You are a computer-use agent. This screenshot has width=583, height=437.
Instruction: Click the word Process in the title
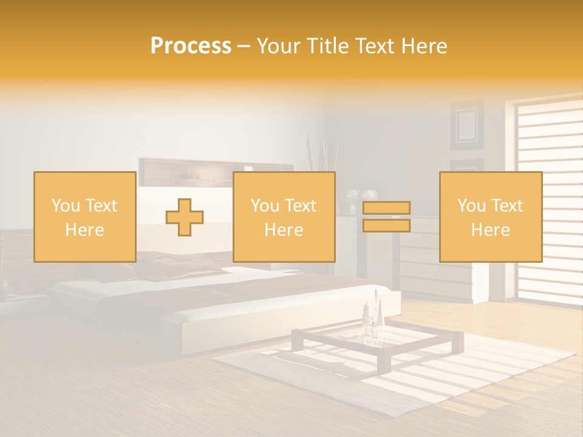(x=191, y=46)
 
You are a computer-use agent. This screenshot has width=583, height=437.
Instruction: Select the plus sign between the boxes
(x=185, y=217)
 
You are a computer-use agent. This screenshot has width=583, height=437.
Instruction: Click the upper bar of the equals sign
(x=386, y=208)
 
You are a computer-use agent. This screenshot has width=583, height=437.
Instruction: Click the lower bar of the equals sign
(x=386, y=226)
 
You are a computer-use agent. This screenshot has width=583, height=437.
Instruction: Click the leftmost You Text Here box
(x=85, y=217)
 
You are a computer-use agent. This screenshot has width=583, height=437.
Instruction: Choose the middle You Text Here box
(x=284, y=217)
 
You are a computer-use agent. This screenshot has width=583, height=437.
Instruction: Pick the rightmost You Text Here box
(x=490, y=217)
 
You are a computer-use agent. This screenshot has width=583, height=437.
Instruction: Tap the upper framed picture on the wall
(x=466, y=124)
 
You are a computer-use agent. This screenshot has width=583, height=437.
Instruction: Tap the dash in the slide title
(x=244, y=47)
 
